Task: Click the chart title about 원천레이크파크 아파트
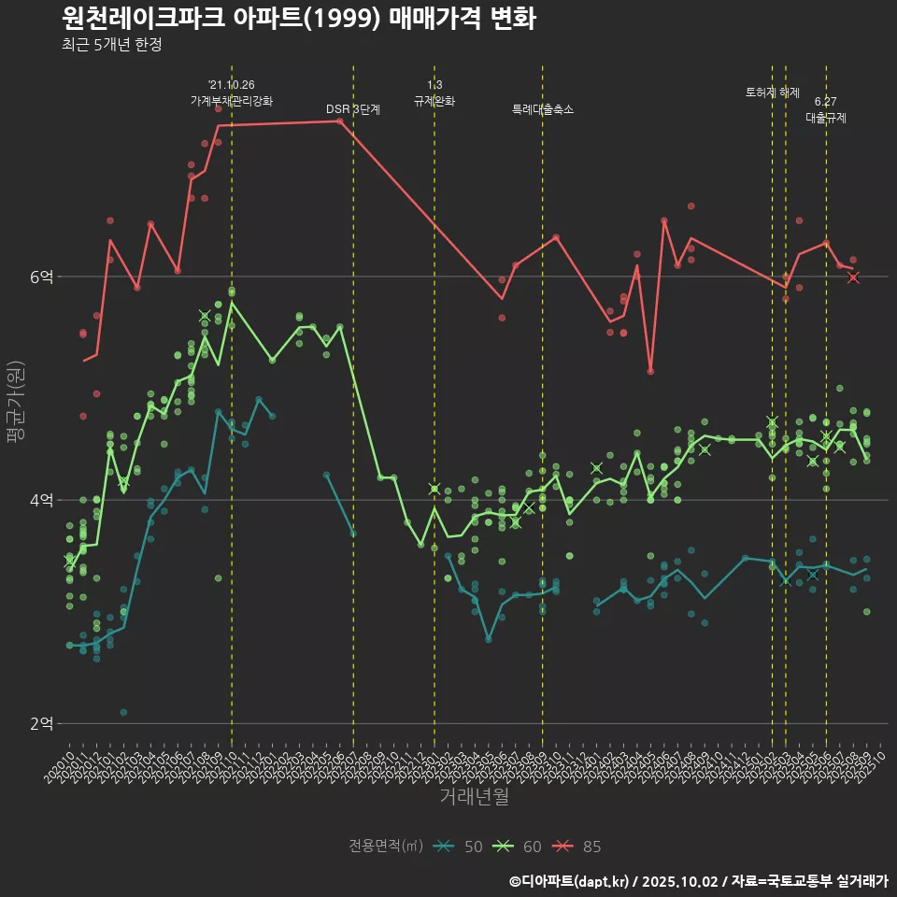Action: [298, 19]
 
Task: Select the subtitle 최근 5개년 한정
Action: [111, 45]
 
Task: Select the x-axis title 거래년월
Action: [474, 797]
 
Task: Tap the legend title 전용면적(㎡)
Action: [386, 847]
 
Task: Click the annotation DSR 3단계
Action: [353, 109]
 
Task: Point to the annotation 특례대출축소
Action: [543, 109]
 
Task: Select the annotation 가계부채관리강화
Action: [232, 100]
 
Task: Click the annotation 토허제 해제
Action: [773, 93]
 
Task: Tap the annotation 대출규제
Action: [826, 118]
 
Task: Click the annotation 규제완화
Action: [434, 101]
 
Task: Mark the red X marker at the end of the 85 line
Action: [853, 278]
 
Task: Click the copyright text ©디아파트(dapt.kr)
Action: [569, 881]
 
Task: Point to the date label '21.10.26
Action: [232, 85]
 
